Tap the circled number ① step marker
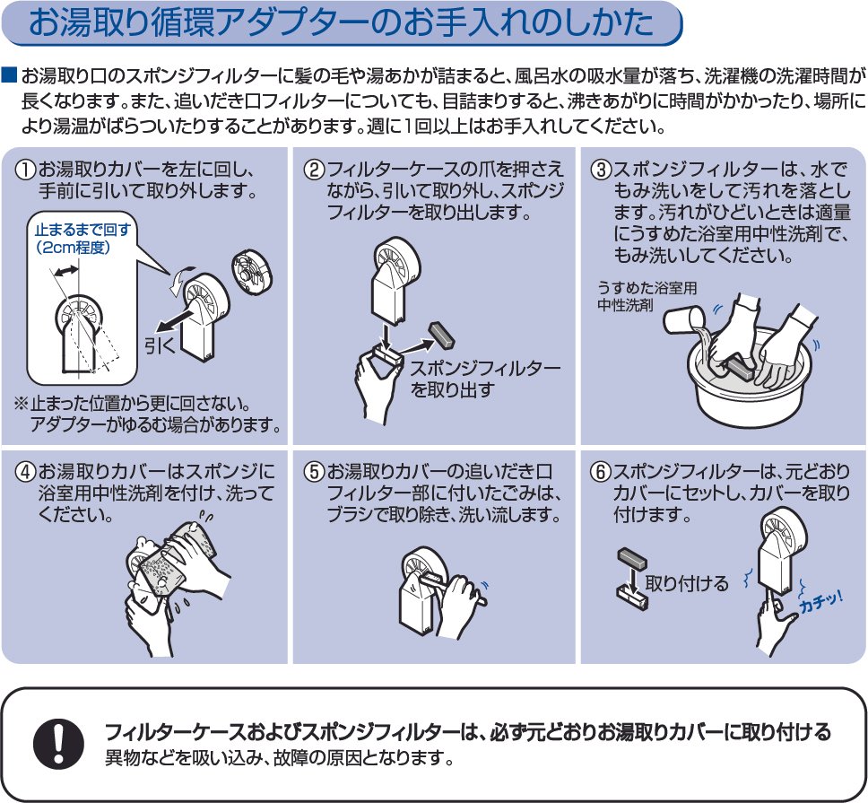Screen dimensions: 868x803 click(x=25, y=169)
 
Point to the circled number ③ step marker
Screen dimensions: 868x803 click(x=602, y=169)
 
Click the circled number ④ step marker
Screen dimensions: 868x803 click(x=25, y=472)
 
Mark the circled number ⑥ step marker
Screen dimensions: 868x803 click(x=602, y=472)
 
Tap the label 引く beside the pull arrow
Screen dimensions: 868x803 click(x=160, y=345)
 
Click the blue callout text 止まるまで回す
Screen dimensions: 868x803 click(x=82, y=230)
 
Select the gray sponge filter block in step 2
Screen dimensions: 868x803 click(x=441, y=335)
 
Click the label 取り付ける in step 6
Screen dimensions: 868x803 click(x=687, y=583)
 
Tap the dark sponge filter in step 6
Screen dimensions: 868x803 click(x=631, y=559)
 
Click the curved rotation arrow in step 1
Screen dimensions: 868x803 click(x=180, y=278)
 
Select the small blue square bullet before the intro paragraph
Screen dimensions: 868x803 click(x=10, y=75)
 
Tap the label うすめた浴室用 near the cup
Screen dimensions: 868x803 click(x=647, y=288)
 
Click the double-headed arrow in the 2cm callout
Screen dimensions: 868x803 click(x=66, y=270)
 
